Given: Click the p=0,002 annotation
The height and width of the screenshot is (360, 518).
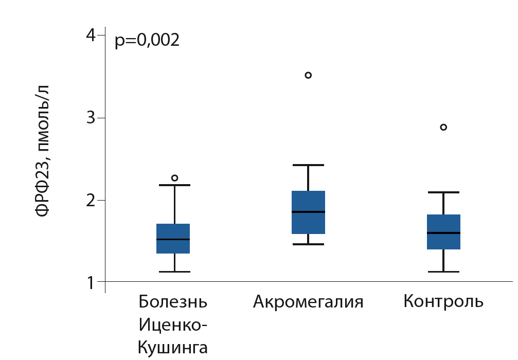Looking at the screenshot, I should [x=147, y=40].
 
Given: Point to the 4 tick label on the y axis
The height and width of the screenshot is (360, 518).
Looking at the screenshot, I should [x=92, y=36].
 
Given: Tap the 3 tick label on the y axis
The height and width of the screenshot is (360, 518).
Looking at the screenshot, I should [x=92, y=118].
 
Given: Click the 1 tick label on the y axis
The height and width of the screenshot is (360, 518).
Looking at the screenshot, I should [x=92, y=282].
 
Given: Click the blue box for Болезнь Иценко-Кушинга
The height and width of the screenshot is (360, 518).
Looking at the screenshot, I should [x=173, y=239].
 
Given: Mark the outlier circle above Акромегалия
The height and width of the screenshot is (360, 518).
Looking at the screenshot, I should [x=308, y=75].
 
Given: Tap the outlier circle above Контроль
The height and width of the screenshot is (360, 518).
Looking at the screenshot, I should [x=443, y=127].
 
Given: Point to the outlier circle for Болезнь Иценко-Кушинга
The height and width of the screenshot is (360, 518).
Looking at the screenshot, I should [x=174, y=178].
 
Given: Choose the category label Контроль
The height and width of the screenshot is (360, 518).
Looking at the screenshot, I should [x=443, y=301].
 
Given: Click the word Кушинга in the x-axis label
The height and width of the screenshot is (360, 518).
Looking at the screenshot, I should [x=173, y=348].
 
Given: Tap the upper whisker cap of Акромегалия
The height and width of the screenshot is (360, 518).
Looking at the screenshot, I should [x=308, y=165].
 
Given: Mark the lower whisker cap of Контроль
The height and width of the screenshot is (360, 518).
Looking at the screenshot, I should [x=443, y=272].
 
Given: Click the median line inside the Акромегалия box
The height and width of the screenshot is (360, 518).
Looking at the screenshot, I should [x=308, y=212].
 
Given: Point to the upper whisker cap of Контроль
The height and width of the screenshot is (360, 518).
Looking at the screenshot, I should [x=443, y=192].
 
